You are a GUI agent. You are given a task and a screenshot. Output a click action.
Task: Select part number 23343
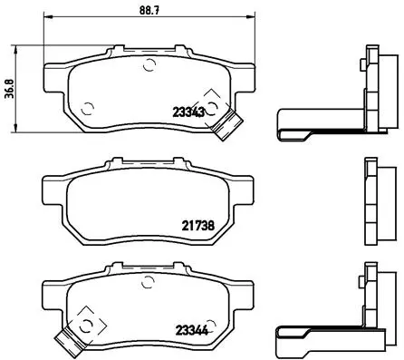(188, 112)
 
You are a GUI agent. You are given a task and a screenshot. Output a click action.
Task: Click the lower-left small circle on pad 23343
(87, 109)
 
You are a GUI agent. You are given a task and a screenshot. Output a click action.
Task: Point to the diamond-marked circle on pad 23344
(83, 321)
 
